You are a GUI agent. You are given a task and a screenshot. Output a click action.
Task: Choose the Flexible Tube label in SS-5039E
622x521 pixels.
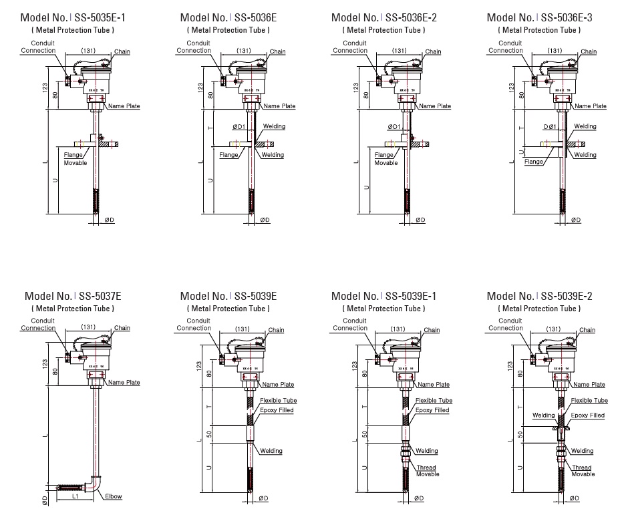pos(278,401)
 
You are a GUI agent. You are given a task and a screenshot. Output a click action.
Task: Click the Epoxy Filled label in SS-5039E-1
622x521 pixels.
pos(432,410)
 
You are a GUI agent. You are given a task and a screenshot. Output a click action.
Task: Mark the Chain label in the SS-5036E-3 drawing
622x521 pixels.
pos(589,52)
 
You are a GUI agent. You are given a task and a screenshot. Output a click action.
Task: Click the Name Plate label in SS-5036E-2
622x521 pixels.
pos(434,106)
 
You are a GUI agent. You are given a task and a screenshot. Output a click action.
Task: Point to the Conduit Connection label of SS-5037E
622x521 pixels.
pos(38,325)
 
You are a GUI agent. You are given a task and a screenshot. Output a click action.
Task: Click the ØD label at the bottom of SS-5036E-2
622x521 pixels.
pos(420,220)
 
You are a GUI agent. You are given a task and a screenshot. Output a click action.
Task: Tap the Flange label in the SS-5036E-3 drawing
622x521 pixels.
pos(534,162)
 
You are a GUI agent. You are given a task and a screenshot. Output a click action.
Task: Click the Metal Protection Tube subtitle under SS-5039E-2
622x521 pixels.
pos(540,309)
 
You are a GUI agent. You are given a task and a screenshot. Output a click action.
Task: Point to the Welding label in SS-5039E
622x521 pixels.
pos(271,452)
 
